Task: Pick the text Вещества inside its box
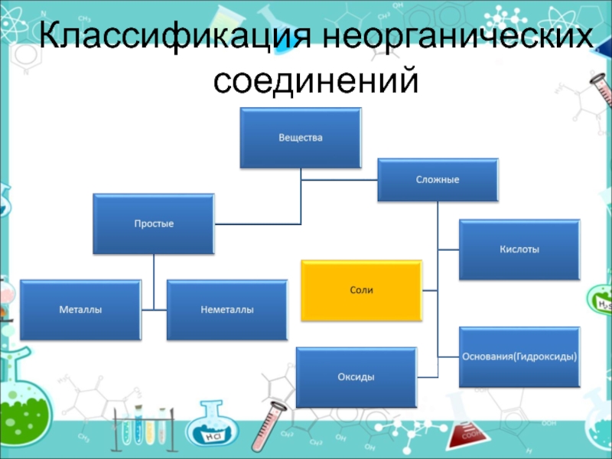pyautogui.click(x=300, y=138)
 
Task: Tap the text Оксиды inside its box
pyautogui.click(x=356, y=377)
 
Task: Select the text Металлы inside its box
pyautogui.click(x=81, y=310)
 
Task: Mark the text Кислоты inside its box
pyautogui.click(x=519, y=249)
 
